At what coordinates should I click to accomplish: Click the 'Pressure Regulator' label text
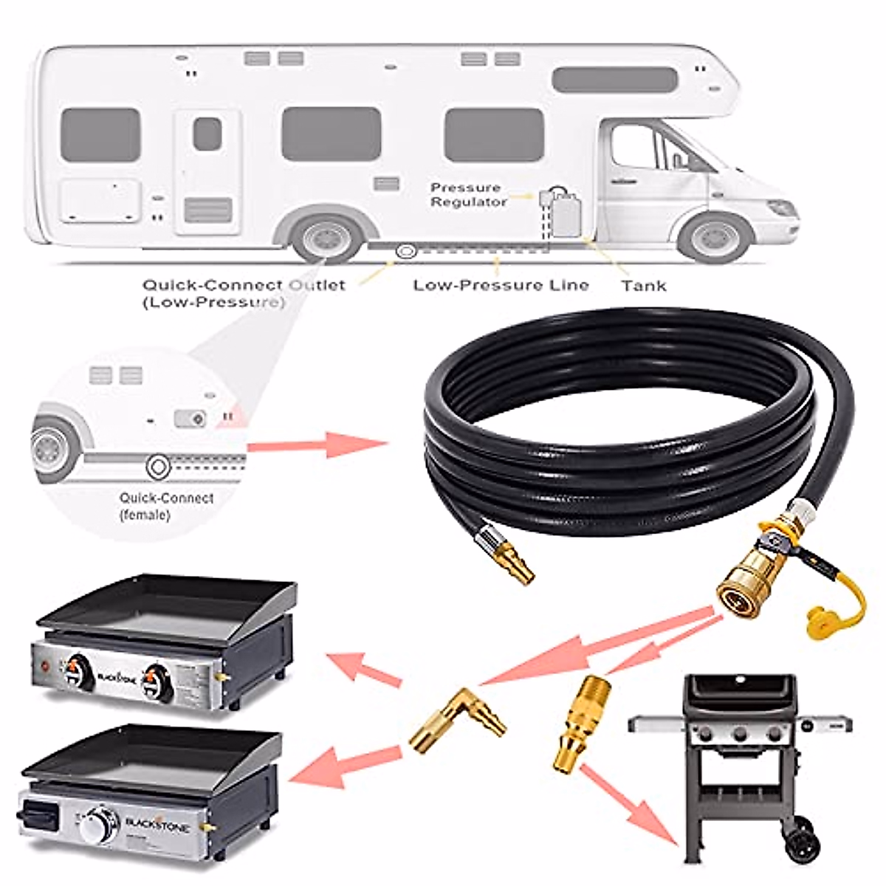tap(468, 194)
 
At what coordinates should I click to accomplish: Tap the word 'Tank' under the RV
tap(643, 285)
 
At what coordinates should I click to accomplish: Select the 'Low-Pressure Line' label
tap(501, 285)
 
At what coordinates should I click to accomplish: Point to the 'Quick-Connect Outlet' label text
tap(244, 285)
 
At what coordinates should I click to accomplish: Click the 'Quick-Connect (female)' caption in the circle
tap(166, 506)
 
